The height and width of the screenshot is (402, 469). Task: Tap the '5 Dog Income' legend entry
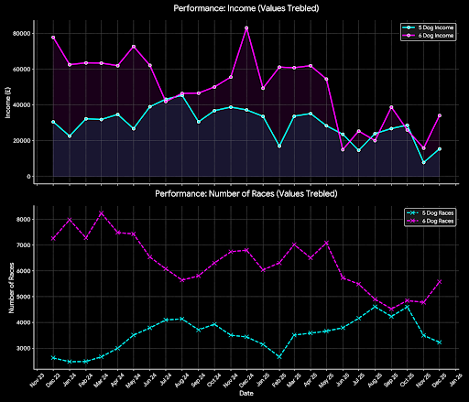[427, 28]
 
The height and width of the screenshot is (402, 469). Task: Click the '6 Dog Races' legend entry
[429, 223]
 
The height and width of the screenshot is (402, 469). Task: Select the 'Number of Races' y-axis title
[6, 286]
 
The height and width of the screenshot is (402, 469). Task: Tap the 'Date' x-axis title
[245, 396]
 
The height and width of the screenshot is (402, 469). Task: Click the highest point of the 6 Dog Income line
[246, 27]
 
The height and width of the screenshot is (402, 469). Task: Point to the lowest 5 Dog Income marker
[423, 162]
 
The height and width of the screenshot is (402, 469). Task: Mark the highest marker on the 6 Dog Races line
[102, 213]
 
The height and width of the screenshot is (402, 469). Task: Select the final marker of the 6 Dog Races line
[440, 282]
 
